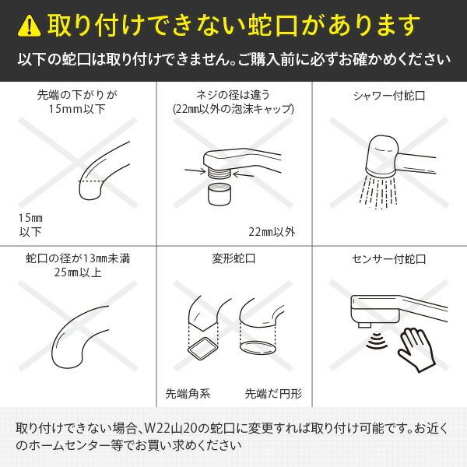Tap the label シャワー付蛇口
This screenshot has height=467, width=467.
point(388,97)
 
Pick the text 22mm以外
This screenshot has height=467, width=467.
point(271,232)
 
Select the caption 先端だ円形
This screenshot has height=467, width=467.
point(270,392)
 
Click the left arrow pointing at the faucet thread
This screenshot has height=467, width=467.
point(194,168)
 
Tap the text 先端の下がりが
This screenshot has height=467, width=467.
point(78,96)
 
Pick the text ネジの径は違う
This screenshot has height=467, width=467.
point(233,96)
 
